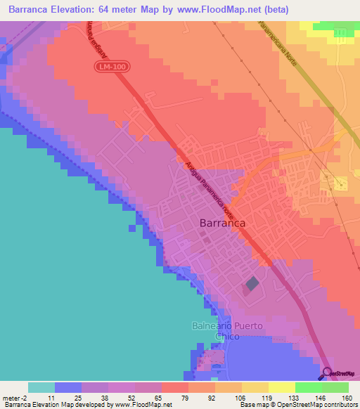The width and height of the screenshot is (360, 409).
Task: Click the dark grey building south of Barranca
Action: [x=250, y=285]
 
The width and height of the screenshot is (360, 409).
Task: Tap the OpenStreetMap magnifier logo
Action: [x=328, y=373]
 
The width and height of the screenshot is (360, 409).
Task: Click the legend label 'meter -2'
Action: [x=14, y=397]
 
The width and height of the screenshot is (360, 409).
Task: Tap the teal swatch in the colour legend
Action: [x=41, y=387]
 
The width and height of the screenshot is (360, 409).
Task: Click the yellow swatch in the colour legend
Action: [x=282, y=387]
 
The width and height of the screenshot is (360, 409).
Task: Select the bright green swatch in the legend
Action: [x=309, y=387]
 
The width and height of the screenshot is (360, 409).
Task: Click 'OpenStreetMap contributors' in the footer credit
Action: [x=316, y=405]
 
